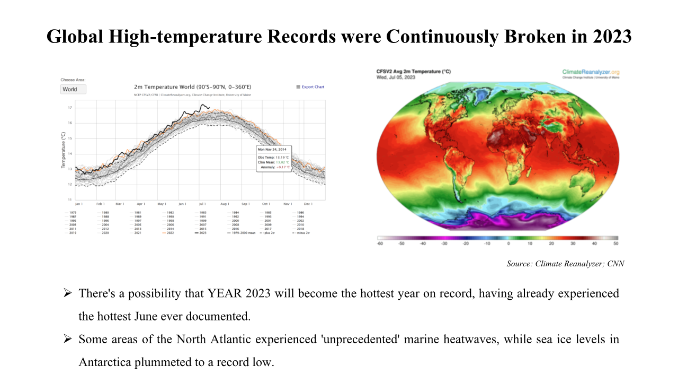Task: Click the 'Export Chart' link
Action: [313, 87]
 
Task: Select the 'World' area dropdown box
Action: [73, 89]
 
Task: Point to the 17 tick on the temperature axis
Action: [70, 108]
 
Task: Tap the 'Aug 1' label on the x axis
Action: [224, 204]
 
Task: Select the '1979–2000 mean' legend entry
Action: [242, 233]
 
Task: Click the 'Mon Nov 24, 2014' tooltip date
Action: [272, 150]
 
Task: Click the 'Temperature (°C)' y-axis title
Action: [63, 150]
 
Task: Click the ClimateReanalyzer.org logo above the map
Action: [591, 72]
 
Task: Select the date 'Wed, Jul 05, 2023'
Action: [396, 77]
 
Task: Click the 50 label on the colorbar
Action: [615, 244]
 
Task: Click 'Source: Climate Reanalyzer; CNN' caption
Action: [565, 264]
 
